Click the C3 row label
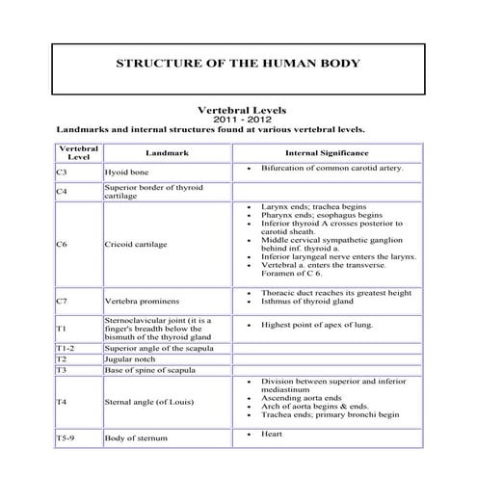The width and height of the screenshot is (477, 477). (x=62, y=172)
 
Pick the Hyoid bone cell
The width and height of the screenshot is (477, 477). (x=125, y=172)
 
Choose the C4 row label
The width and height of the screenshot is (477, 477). (x=62, y=191)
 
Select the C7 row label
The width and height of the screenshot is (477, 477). (x=62, y=301)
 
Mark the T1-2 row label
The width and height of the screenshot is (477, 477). (x=66, y=347)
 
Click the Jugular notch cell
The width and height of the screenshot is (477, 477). (x=129, y=358)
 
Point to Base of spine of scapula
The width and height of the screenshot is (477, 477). (x=152, y=369)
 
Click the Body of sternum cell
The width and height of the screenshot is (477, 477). (x=136, y=437)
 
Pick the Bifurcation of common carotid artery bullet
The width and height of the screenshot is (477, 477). (x=332, y=168)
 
